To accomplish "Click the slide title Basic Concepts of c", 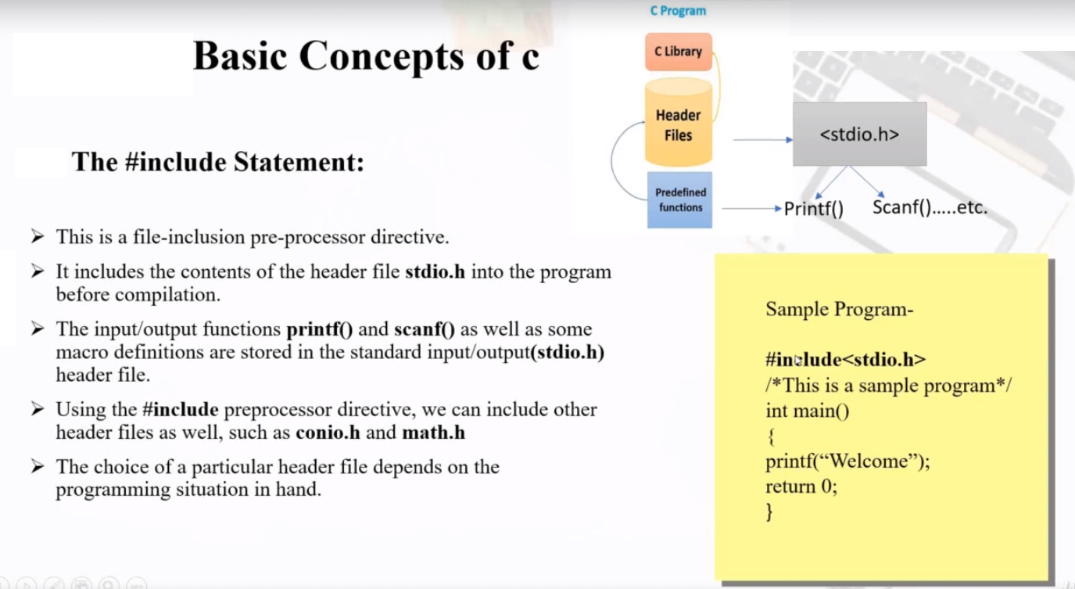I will [366, 56].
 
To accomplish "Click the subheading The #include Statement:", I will [218, 162].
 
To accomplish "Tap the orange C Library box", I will [678, 52].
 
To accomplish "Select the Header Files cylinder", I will [678, 125].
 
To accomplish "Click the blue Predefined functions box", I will [679, 199].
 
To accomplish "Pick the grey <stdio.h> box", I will [859, 134].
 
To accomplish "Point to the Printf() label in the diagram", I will [813, 210].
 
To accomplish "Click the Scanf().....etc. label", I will [930, 208].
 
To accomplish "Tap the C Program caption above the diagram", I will [678, 11].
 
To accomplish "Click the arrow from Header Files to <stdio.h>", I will [762, 140].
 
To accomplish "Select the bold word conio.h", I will [328, 433].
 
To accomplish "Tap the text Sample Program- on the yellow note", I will [839, 309].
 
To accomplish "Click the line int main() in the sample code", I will [807, 411].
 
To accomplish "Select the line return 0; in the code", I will [801, 487].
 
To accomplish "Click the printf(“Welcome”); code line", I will [847, 462].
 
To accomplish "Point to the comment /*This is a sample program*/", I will [889, 386].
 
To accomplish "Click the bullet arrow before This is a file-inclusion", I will [38, 235].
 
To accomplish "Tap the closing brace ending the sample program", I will [769, 512].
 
